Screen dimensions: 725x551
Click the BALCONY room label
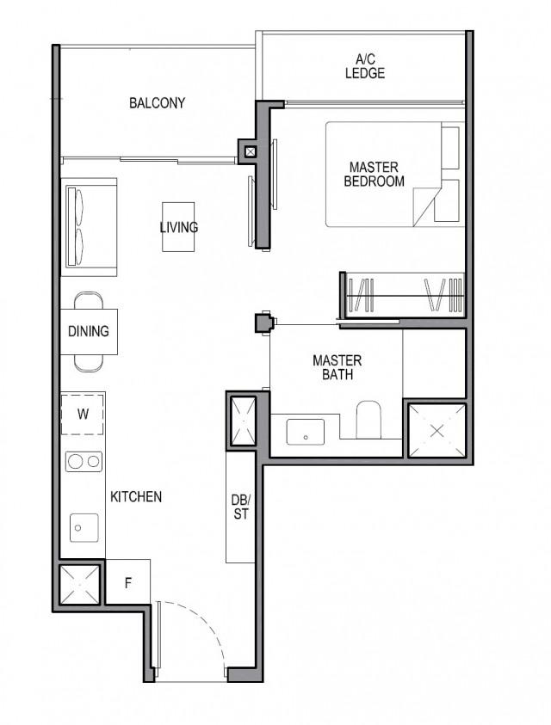157,103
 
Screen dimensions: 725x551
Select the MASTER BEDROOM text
374,174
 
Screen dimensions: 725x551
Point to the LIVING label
178,228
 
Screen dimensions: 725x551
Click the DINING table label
89,331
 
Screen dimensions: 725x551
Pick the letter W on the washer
83,414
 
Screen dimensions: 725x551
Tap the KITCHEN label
136,496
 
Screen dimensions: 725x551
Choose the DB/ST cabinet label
240,507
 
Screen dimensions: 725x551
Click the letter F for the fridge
127,583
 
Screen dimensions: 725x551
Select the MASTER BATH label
337,367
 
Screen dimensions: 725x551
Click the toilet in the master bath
369,419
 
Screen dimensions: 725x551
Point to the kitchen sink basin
83,524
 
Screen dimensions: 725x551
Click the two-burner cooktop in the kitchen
84,462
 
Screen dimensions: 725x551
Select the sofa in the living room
88,228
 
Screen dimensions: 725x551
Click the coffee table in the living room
178,227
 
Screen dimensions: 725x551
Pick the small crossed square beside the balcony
250,152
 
